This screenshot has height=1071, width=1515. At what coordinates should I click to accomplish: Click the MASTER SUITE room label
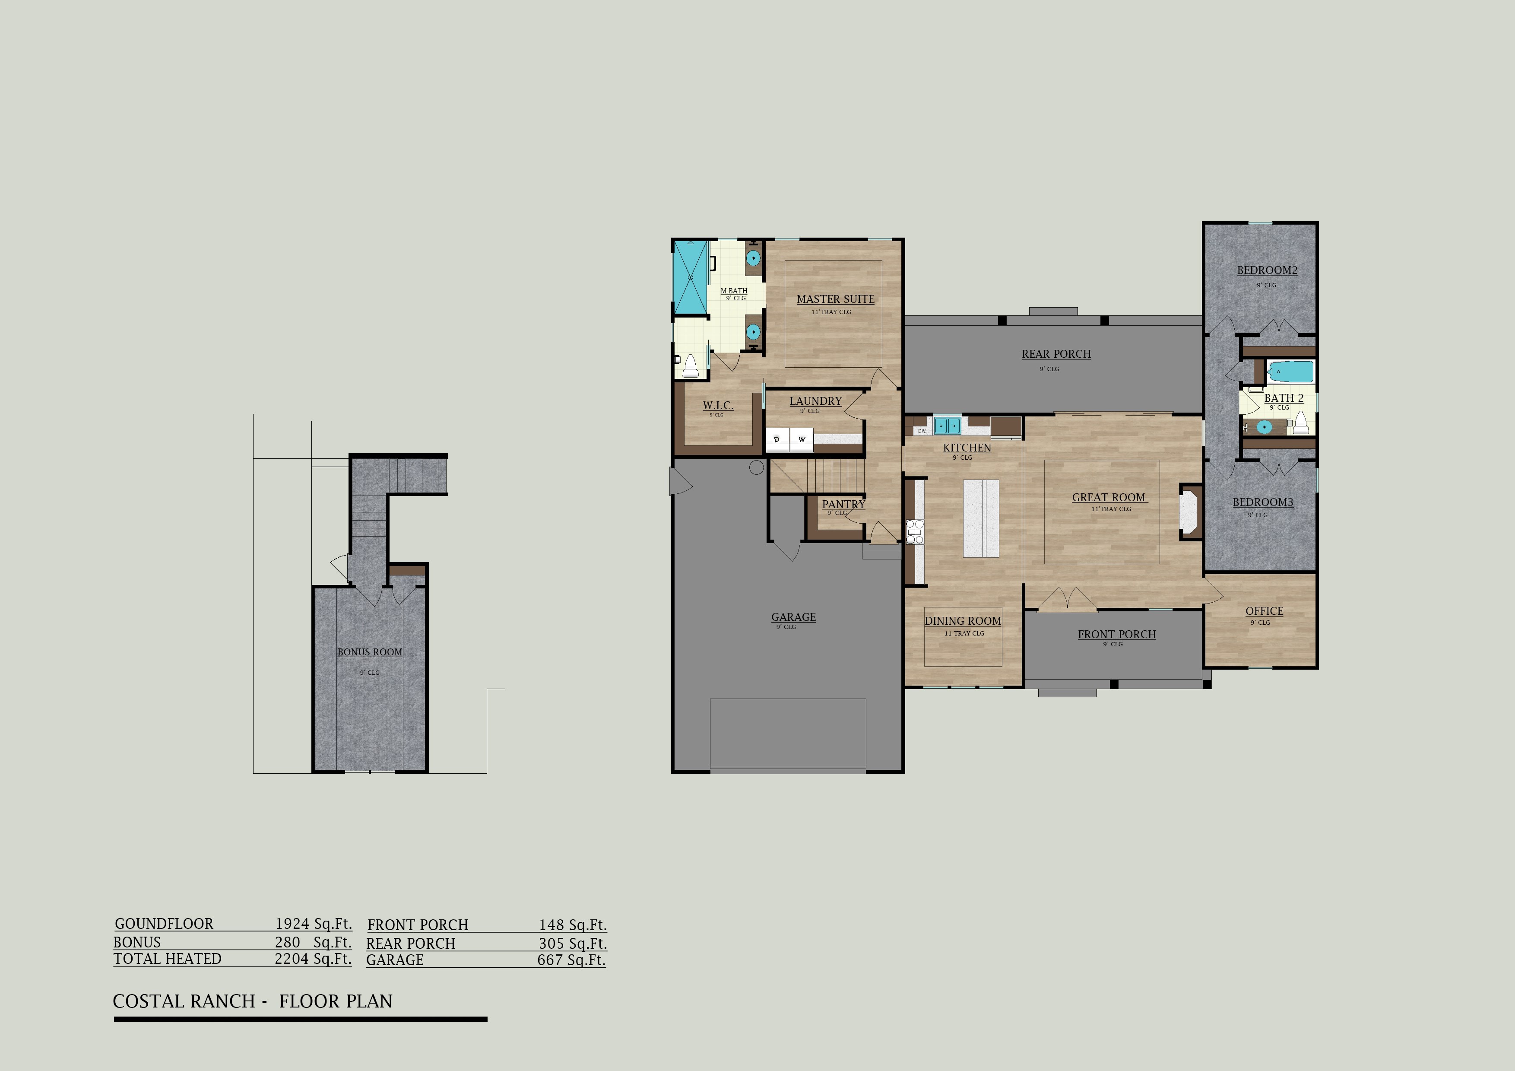[x=835, y=299]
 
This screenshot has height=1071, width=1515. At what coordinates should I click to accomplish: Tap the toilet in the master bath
[x=690, y=366]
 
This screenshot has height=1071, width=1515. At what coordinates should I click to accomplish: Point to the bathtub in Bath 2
[x=1291, y=372]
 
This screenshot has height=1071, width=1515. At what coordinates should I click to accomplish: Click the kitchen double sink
[x=947, y=426]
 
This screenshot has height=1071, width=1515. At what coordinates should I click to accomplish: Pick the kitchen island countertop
[x=981, y=519]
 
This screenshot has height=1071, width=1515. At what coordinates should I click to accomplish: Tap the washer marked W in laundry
[x=802, y=439]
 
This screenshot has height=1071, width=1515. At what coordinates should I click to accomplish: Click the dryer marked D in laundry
[x=777, y=439]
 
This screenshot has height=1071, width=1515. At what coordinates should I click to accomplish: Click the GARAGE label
[x=793, y=617]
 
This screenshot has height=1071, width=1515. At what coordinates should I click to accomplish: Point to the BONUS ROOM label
[x=370, y=652]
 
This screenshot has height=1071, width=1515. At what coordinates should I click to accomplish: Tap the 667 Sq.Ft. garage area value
[x=571, y=960]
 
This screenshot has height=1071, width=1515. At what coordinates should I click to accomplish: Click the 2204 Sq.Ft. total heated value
[x=313, y=959]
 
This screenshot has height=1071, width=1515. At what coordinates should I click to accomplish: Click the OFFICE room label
[x=1264, y=611]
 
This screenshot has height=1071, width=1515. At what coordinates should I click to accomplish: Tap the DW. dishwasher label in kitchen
[x=922, y=431]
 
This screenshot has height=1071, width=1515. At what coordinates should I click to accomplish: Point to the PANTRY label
[x=843, y=504]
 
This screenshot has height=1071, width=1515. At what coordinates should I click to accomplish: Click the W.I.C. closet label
[x=718, y=405]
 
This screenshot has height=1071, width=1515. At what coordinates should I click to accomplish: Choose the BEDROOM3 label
[x=1263, y=502]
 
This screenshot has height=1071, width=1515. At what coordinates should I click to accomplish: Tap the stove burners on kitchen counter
[x=915, y=532]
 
